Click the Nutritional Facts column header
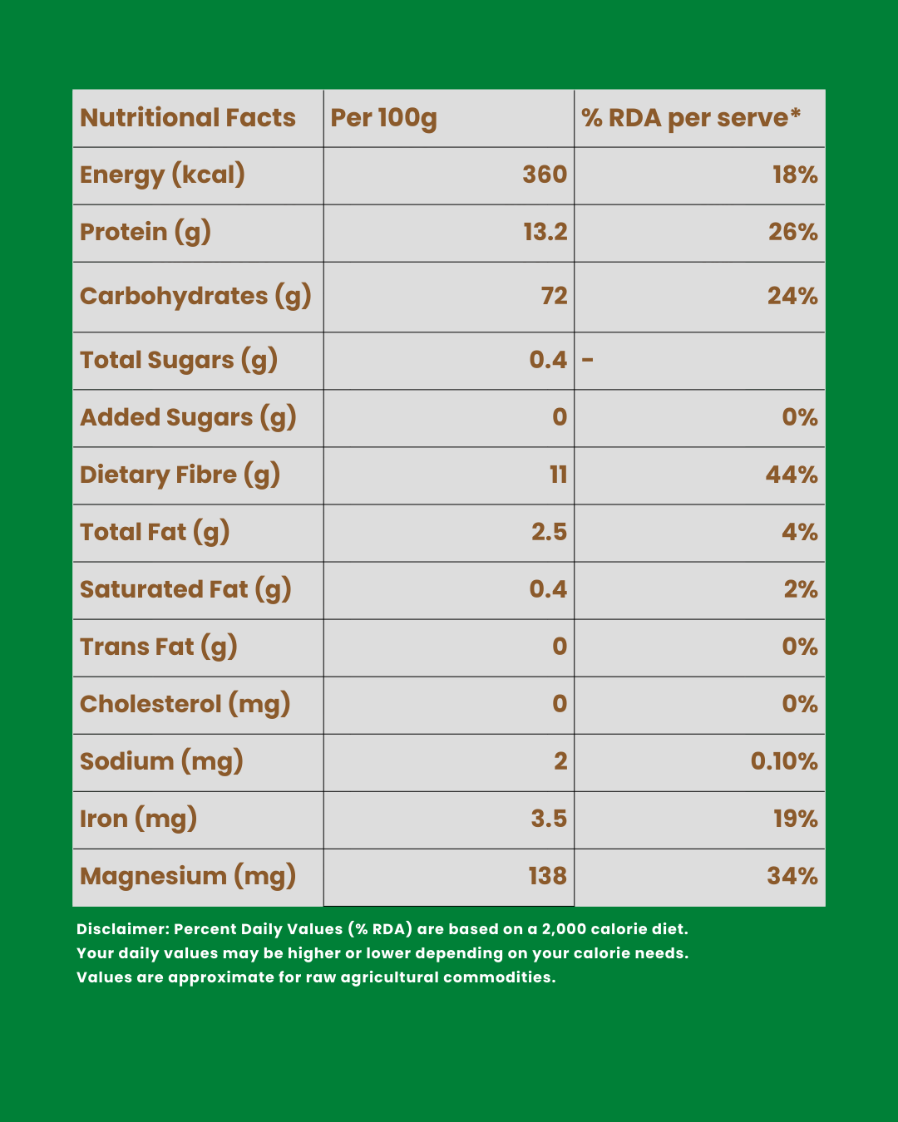[x=188, y=118]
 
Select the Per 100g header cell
[x=383, y=118]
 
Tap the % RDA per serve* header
[x=691, y=118]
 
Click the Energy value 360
[x=545, y=175]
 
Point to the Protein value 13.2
[x=545, y=232]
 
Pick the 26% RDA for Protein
[x=792, y=232]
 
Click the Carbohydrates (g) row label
[x=195, y=297]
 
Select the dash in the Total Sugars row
[x=588, y=360]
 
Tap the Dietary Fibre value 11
[x=558, y=475]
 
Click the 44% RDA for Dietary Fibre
[x=792, y=475]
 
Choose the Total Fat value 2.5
[x=549, y=532]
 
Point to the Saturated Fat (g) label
[x=185, y=589]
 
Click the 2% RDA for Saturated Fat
[x=801, y=589]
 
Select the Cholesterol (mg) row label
[x=185, y=704]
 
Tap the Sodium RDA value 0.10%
[x=784, y=761]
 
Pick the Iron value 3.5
[x=549, y=819]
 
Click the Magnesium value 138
[x=547, y=876]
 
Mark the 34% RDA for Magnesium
[x=792, y=876]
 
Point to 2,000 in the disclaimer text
[x=564, y=929]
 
